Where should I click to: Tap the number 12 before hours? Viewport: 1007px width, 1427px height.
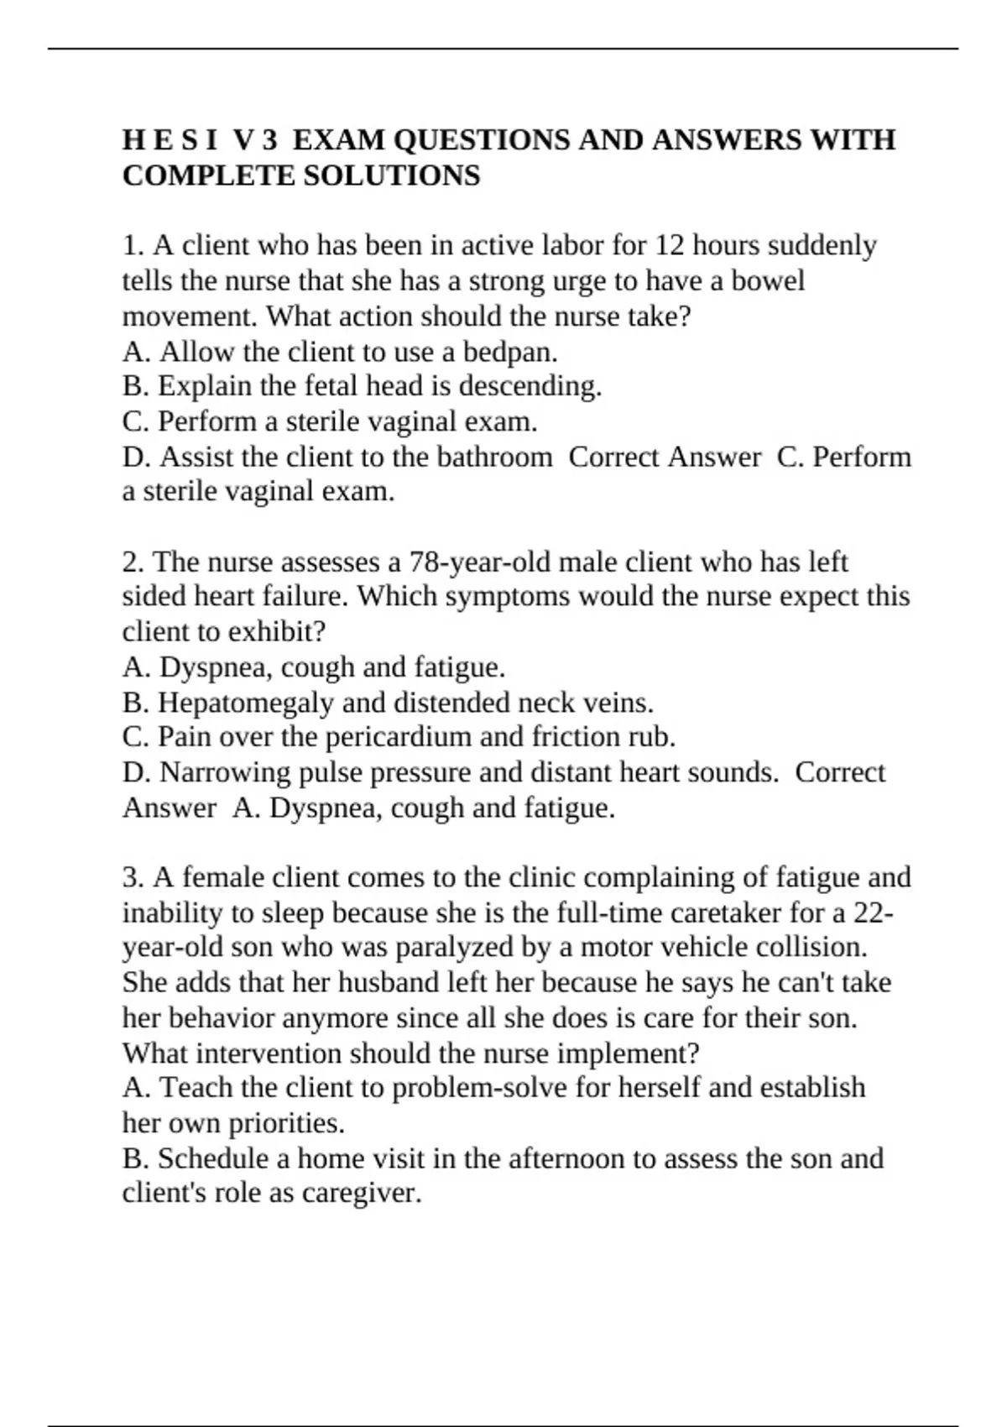click(670, 245)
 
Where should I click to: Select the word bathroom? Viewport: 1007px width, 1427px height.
click(494, 457)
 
